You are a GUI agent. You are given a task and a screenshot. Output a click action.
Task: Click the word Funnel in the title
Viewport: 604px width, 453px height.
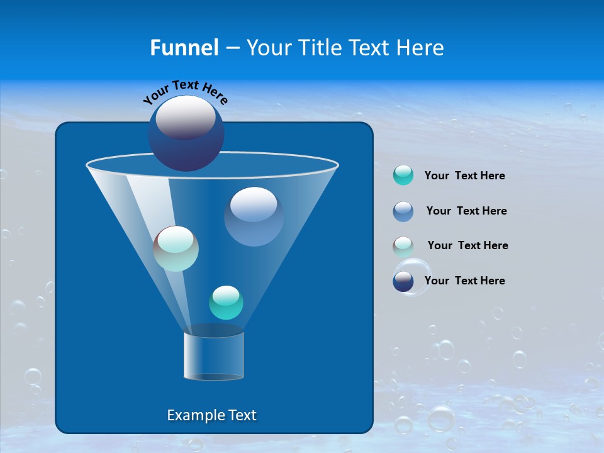point(184,47)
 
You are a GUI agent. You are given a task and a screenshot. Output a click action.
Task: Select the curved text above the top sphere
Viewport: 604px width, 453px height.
point(185,92)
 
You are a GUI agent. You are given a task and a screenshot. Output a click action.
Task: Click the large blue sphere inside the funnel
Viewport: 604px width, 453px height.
point(254,217)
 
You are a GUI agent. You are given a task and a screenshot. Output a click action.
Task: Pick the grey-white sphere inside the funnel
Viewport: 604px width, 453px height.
point(176,249)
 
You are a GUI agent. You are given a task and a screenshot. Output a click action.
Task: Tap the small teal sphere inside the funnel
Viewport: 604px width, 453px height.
point(226,303)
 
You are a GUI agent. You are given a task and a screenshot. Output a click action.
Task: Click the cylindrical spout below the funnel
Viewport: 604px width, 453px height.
point(213,356)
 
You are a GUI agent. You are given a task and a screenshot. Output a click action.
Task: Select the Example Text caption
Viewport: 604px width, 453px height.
point(212,415)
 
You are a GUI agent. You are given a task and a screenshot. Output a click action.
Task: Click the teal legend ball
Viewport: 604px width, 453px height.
point(403,176)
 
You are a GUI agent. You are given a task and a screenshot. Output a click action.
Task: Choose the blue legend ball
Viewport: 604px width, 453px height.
point(403,211)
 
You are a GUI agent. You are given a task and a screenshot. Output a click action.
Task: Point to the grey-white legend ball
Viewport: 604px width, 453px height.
point(403,246)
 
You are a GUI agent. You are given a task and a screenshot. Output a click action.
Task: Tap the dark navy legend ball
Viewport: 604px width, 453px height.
point(403,281)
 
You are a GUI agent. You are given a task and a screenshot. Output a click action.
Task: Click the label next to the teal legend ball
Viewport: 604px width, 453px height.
point(464,176)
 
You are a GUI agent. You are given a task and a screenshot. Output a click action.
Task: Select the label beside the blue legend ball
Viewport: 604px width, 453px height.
point(466,211)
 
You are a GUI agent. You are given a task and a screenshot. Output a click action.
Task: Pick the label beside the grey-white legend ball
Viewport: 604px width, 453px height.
point(467,246)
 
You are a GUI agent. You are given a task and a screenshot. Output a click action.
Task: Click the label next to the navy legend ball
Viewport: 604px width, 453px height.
point(464,281)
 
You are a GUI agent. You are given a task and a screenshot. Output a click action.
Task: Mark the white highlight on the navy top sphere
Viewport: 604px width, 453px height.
point(185,116)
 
